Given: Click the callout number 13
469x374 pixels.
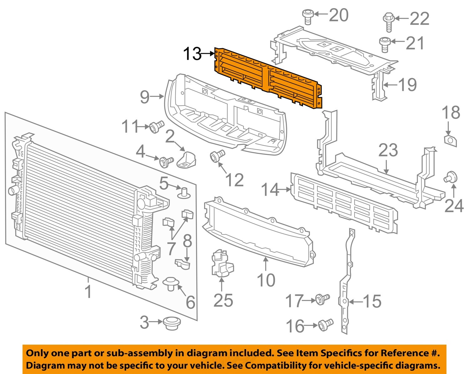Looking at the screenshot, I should pyautogui.click(x=192, y=54).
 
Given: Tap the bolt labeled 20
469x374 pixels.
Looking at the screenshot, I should pyautogui.click(x=307, y=16).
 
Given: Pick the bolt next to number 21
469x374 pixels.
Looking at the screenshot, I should pyautogui.click(x=384, y=44).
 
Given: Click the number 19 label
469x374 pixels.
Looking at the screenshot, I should pyautogui.click(x=407, y=85).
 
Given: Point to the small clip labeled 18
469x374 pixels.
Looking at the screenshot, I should pyautogui.click(x=450, y=140).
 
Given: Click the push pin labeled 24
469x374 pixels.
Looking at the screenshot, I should pyautogui.click(x=451, y=177).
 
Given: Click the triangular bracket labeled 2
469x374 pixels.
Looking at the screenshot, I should pyautogui.click(x=187, y=159).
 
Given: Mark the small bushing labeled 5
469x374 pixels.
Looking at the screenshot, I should pyautogui.click(x=184, y=192).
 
